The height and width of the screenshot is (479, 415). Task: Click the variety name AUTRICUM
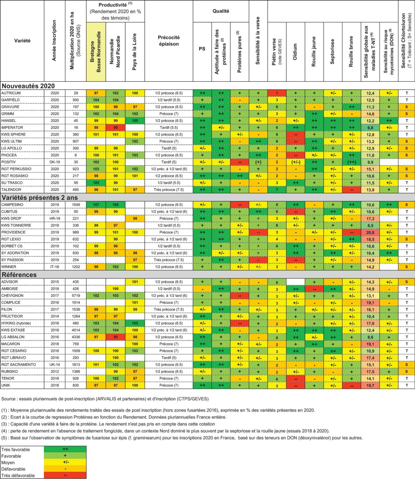[11, 93]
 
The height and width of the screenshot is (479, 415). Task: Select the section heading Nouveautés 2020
[28, 86]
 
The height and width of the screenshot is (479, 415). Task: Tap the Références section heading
[19, 275]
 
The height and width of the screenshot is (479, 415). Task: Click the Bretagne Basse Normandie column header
[96, 52]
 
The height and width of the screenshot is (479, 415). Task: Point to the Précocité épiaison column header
[169, 41]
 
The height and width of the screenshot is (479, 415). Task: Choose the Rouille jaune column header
[314, 52]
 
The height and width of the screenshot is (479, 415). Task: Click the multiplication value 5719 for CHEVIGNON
[76, 296]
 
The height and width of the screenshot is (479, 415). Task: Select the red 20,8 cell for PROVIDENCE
[370, 232]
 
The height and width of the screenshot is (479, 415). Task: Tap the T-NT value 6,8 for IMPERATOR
[370, 128]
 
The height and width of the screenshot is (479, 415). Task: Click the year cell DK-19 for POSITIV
[55, 162]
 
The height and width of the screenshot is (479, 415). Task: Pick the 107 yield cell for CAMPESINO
[96, 205]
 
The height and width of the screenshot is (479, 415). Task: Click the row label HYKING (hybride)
[16, 323]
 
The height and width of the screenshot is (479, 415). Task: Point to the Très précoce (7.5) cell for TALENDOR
[169, 190]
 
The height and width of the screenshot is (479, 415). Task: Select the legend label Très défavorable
[18, 476]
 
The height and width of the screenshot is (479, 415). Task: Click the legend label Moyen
[8, 463]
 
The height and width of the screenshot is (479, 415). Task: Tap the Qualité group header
[221, 11]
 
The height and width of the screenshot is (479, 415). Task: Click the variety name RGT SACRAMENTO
[19, 365]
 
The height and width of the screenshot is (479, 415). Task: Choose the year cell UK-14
[55, 365]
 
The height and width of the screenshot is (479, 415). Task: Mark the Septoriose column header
[333, 52]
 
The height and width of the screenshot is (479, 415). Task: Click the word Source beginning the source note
[8, 399]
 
